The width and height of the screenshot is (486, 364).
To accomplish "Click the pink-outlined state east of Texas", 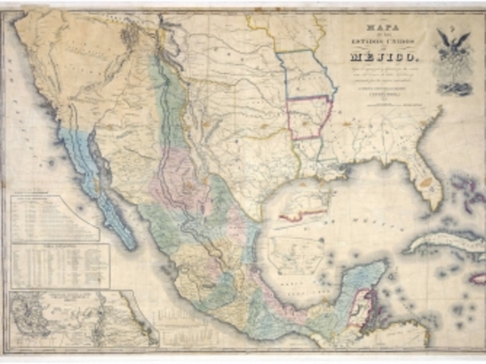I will (308, 118).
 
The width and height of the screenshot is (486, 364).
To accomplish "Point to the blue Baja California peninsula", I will (99, 190).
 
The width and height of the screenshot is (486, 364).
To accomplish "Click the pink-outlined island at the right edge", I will (478, 278).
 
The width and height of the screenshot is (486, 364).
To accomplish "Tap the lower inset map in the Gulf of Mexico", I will (295, 255).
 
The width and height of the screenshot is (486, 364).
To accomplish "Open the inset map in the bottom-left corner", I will (76, 319).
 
